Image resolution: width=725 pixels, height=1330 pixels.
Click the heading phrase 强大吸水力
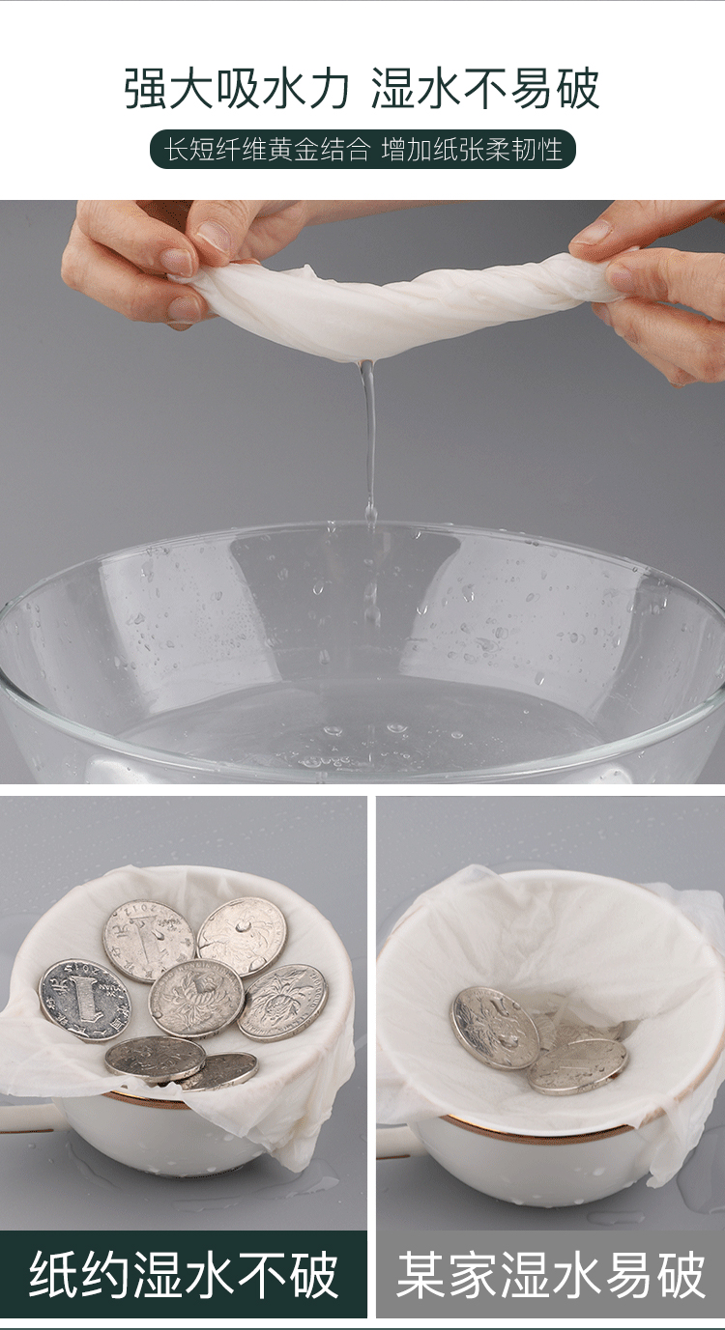coord(237,89)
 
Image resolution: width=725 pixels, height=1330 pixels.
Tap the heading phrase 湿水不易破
coord(485,89)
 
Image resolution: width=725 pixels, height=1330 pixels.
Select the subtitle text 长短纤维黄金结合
coord(268,149)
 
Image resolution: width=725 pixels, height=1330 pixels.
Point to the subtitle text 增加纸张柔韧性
coord(472,149)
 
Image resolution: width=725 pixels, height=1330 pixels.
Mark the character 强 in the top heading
coord(146,89)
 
